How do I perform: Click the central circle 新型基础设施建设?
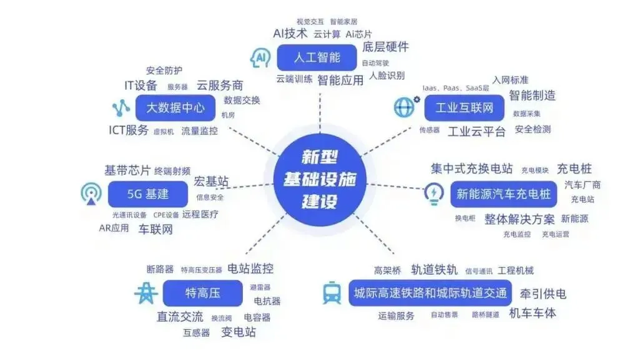click(320, 180)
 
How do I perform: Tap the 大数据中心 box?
click(175, 107)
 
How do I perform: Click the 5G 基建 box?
click(147, 194)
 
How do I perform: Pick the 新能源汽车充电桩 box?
click(503, 194)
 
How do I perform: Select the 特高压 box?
click(202, 293)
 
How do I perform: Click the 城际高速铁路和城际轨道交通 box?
click(430, 293)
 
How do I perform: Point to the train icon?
click(332, 293)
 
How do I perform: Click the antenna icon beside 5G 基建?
click(91, 193)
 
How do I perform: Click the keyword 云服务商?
click(220, 85)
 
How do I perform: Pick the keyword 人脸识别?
click(386, 76)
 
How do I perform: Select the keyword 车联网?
click(155, 229)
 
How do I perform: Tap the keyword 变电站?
click(239, 332)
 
